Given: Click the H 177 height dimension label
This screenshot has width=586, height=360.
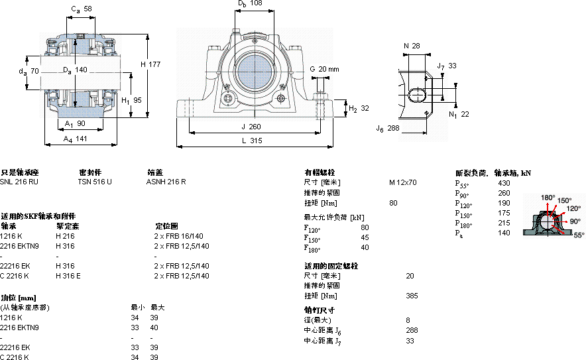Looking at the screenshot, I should [x=152, y=64].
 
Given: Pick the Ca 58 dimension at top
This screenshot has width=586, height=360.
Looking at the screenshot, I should [x=82, y=9].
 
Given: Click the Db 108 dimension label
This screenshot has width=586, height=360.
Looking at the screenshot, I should [x=250, y=4].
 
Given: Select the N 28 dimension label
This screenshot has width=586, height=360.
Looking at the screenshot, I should [x=412, y=46].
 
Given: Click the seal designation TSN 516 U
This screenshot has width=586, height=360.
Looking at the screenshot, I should [x=95, y=181].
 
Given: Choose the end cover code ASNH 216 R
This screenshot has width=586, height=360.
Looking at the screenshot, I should [x=166, y=181].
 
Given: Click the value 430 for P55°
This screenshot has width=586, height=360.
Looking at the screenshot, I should [x=504, y=182].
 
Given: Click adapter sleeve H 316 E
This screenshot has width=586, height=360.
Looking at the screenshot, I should [x=68, y=276].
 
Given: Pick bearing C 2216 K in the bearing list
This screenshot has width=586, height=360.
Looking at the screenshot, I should [x=15, y=276].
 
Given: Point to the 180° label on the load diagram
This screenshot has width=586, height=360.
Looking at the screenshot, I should [x=548, y=198].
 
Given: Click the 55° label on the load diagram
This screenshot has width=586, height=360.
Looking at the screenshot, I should [x=579, y=235].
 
